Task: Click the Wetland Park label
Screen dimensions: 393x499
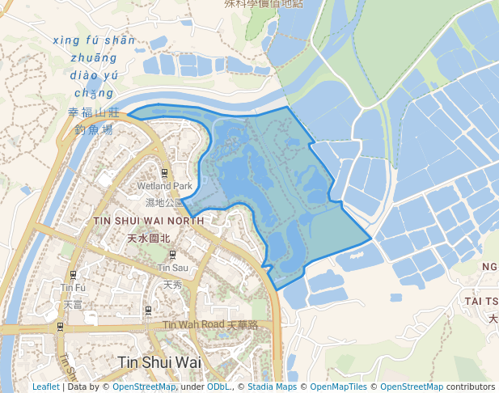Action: click(x=165, y=187)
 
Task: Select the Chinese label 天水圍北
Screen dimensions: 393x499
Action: click(x=149, y=239)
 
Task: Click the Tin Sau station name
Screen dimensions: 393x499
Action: click(x=173, y=268)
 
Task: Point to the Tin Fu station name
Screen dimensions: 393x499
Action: click(x=73, y=287)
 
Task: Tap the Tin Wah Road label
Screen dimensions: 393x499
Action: click(x=193, y=325)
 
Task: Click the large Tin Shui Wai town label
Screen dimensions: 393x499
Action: click(x=159, y=361)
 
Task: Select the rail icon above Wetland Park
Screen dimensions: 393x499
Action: click(x=165, y=174)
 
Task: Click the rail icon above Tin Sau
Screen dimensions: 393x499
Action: click(x=173, y=254)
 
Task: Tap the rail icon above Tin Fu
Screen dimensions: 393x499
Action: click(x=74, y=274)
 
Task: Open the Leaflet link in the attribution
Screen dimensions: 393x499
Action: click(x=45, y=387)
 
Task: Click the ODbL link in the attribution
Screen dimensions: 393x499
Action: click(x=218, y=387)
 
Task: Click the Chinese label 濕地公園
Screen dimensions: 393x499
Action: click(x=165, y=202)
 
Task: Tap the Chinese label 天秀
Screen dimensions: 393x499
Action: click(x=173, y=284)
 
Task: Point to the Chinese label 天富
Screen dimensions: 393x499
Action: click(x=73, y=304)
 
